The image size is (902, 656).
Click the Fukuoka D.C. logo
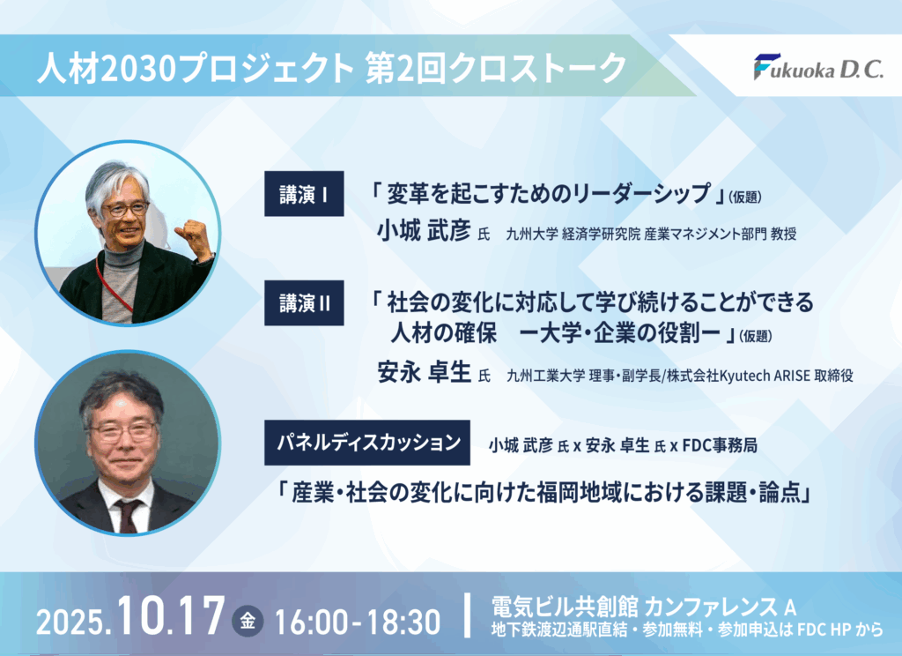click(x=818, y=67)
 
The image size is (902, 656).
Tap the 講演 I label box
click(x=304, y=193)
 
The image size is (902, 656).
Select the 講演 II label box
click(x=304, y=303)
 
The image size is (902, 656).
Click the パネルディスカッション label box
click(x=367, y=443)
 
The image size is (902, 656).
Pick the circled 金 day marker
click(x=248, y=621)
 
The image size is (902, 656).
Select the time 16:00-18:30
click(x=358, y=622)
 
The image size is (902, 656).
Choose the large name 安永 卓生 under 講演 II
click(x=424, y=372)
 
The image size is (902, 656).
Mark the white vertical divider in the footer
click(x=467, y=615)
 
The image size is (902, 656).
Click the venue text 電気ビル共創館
click(x=565, y=607)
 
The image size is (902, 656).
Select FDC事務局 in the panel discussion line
click(x=721, y=445)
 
